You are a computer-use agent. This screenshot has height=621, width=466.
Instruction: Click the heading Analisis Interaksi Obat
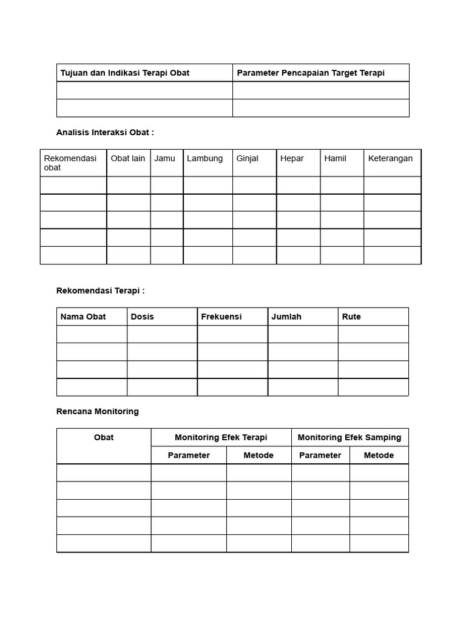pos(105,132)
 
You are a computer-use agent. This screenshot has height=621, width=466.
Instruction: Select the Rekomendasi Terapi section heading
pos(101,290)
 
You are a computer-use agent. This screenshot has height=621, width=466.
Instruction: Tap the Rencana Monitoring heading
pos(98,411)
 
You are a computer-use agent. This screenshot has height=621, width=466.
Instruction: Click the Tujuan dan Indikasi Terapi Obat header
pos(125,73)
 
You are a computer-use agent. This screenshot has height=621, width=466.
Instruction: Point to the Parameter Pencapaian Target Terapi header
pos(311,73)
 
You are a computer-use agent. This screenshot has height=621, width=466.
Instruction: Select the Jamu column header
pos(164,158)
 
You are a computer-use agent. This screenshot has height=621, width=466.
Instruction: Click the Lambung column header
pos(204,158)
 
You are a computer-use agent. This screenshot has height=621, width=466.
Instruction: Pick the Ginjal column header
pos(247,158)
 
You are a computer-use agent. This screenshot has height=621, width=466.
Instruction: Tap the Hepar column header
pos(291,158)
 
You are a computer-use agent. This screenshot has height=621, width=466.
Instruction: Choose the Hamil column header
pos(335,158)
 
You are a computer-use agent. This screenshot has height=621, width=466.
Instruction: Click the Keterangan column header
pos(390,158)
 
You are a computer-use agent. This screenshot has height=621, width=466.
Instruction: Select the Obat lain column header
pos(128,158)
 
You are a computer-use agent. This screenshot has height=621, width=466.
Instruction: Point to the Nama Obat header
pos(83,317)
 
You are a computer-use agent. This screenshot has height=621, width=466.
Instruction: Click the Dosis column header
pos(143,317)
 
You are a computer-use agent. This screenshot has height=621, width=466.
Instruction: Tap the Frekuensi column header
pos(221,317)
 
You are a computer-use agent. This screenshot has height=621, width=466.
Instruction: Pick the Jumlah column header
pos(286,317)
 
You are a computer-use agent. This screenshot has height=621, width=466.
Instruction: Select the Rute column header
pos(351,317)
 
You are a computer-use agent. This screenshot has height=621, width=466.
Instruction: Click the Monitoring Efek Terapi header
pos(221,437)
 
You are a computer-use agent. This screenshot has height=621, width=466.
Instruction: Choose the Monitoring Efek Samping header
pos(349,437)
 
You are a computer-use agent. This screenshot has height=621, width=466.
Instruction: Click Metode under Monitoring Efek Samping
pos(379,455)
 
